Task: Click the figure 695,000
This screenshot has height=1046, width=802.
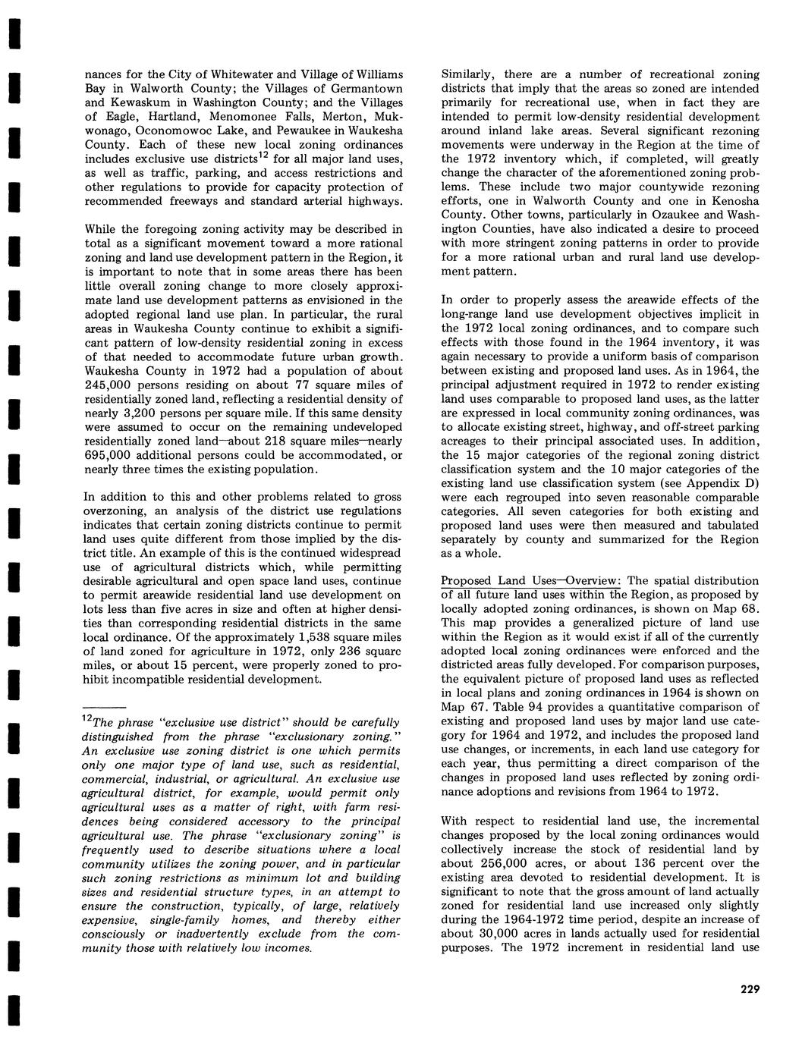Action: (114, 456)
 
